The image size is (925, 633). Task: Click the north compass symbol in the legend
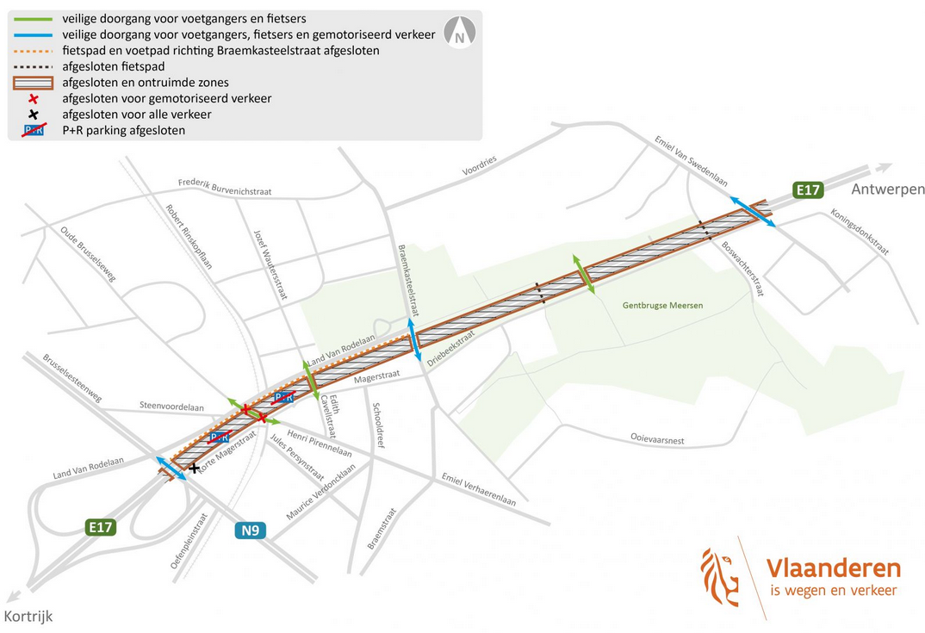459,33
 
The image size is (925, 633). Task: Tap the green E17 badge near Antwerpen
808,190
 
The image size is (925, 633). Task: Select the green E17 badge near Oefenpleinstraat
101,527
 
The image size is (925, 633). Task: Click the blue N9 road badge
250,530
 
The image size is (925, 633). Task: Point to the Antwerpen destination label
887,189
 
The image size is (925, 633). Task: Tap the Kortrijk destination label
28,616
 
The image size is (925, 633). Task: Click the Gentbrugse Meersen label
663,306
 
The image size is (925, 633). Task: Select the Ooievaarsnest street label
657,439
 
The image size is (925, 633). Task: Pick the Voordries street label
479,165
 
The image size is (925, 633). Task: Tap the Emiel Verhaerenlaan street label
478,489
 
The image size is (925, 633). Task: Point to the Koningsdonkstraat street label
859,231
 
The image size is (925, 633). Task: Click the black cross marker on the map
195,469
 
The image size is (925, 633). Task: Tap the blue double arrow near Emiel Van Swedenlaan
752,212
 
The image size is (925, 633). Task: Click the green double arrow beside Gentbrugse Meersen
584,274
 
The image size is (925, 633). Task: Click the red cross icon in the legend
34,99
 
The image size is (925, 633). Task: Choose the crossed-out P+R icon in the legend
34,131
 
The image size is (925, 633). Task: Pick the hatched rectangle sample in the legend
34,83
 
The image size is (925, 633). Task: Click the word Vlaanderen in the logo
833,568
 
